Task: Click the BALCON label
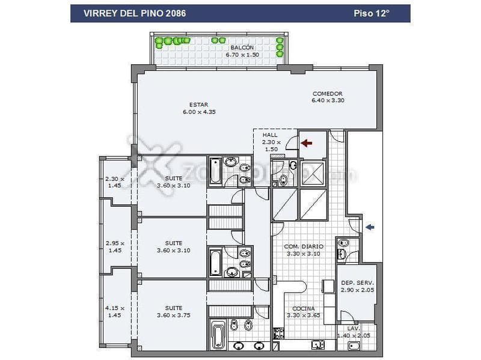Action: (x=242, y=47)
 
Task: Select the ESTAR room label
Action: (x=198, y=105)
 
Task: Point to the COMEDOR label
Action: (x=327, y=94)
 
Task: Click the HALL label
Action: (x=270, y=135)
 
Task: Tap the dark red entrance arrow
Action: (x=307, y=143)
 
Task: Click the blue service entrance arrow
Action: (x=370, y=227)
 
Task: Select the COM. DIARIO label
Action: (x=304, y=246)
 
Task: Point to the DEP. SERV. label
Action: (x=357, y=282)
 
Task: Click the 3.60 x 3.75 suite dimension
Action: (x=173, y=315)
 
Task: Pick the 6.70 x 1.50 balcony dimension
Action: (x=242, y=55)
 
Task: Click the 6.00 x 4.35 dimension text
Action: (x=199, y=112)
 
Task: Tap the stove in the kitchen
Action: (x=279, y=332)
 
